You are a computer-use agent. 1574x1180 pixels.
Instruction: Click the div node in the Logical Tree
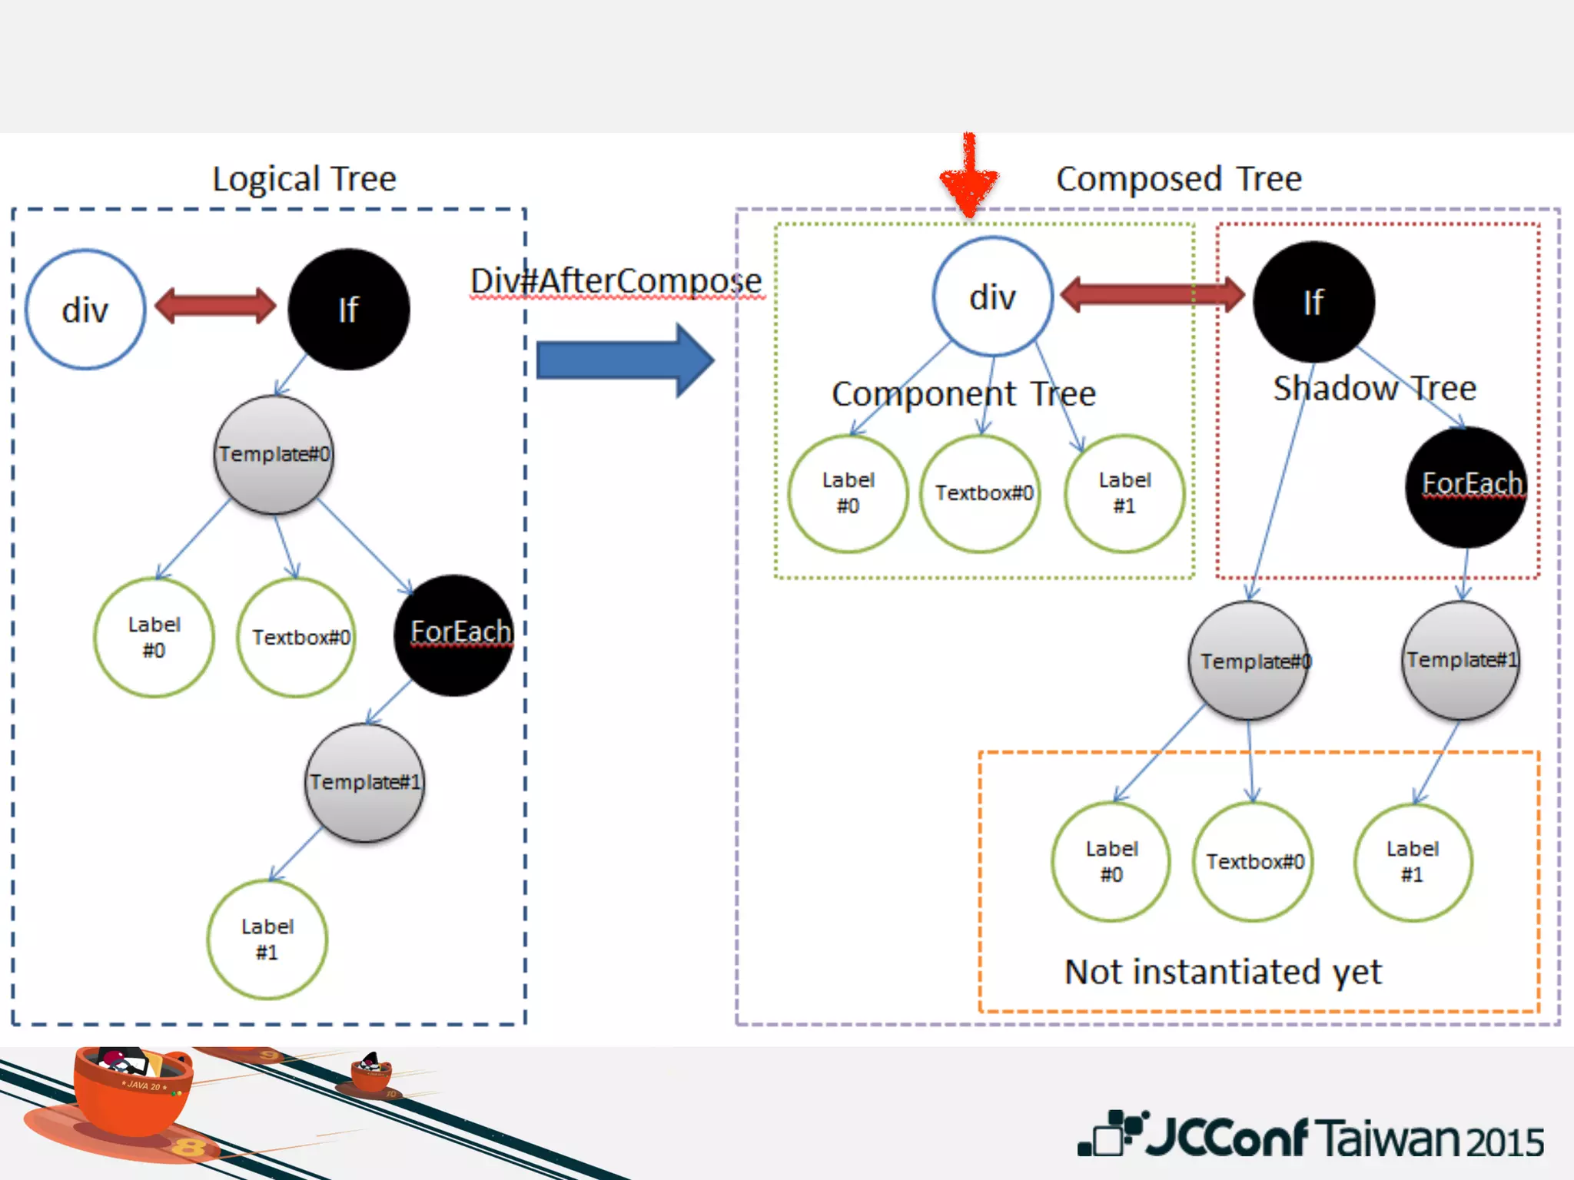pyautogui.click(x=85, y=310)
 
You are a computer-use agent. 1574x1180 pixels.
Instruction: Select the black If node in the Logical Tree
pyautogui.click(x=349, y=310)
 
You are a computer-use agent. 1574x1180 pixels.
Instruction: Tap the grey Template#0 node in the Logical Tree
pyautogui.click(x=274, y=455)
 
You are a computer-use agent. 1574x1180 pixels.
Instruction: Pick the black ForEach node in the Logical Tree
pyautogui.click(x=455, y=635)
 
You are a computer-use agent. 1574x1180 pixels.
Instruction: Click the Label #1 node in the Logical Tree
pyautogui.click(x=267, y=939)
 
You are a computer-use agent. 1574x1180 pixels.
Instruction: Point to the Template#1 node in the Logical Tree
pyautogui.click(x=364, y=783)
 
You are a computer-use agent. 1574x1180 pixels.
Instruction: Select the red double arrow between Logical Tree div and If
pyautogui.click(x=215, y=306)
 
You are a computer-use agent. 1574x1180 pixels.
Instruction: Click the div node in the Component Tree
pyautogui.click(x=992, y=297)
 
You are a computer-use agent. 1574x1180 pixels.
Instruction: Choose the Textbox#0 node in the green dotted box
pyautogui.click(x=981, y=493)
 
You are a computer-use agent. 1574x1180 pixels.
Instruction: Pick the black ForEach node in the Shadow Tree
pyautogui.click(x=1466, y=486)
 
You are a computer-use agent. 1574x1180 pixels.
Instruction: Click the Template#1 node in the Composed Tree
pyautogui.click(x=1461, y=661)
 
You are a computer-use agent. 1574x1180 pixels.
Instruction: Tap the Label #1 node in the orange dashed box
pyautogui.click(x=1413, y=862)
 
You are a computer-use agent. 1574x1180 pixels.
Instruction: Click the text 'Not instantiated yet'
pyautogui.click(x=1223, y=972)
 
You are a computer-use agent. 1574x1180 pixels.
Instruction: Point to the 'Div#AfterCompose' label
pyautogui.click(x=616, y=281)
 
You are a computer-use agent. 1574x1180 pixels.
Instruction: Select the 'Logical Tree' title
pyautogui.click(x=304, y=179)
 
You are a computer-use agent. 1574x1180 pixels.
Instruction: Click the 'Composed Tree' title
pyautogui.click(x=1178, y=179)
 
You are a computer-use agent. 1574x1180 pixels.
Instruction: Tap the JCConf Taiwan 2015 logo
pyautogui.click(x=1310, y=1135)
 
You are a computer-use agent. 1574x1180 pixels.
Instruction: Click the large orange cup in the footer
pyautogui.click(x=132, y=1091)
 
